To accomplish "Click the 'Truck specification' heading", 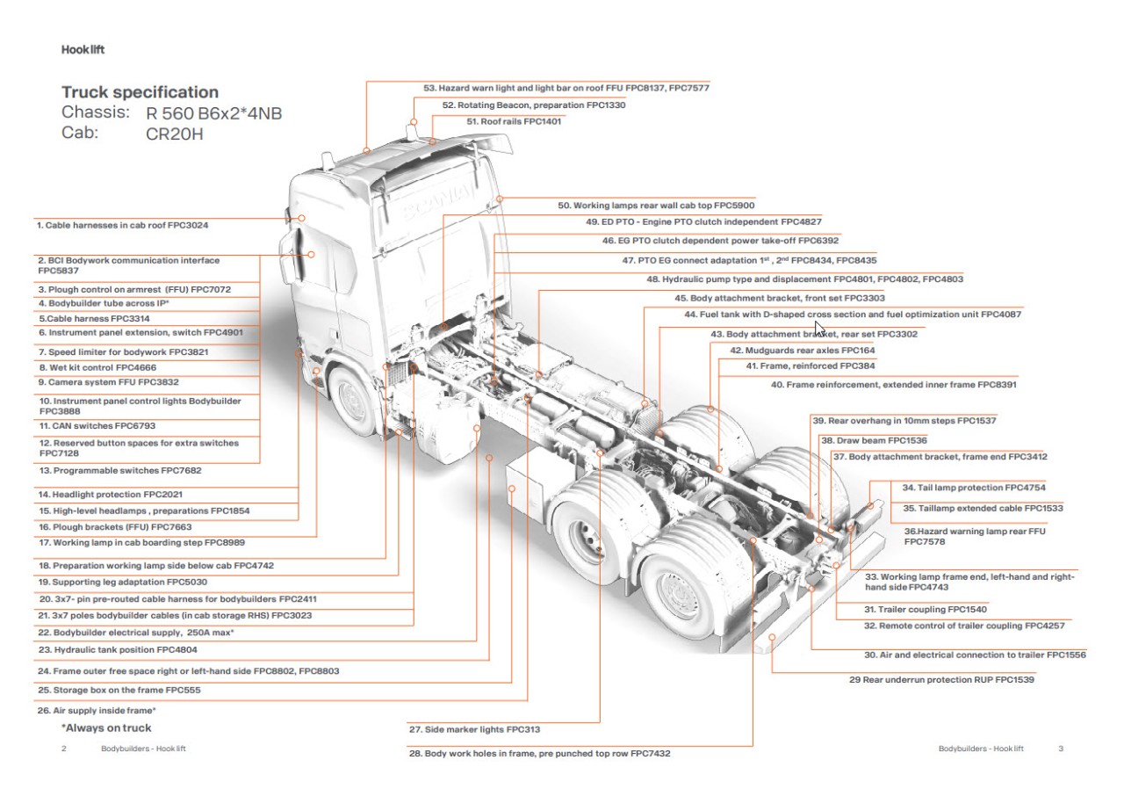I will [140, 92].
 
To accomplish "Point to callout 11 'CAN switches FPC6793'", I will [97, 425].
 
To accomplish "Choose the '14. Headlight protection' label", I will [111, 495].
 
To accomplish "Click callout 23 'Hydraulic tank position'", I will [117, 650].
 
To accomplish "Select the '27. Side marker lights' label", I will [474, 729].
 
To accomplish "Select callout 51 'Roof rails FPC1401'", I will [514, 121].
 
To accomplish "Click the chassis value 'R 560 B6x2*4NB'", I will [214, 113].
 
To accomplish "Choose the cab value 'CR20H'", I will [174, 134].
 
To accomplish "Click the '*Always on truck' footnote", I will [106, 727].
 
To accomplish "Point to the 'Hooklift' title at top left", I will [83, 50].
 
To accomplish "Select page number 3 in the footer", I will [1061, 749].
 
